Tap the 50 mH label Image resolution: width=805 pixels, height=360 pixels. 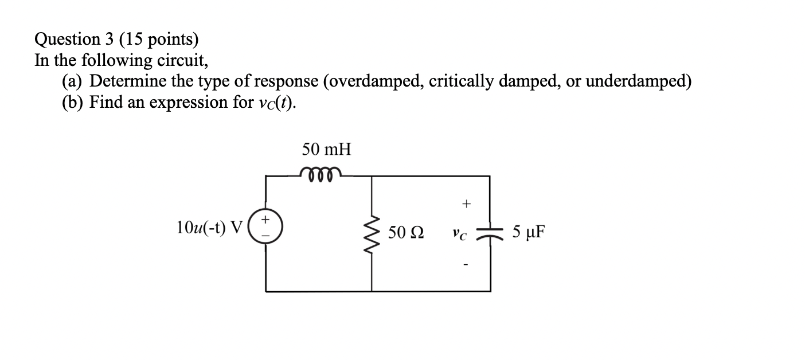click(326, 150)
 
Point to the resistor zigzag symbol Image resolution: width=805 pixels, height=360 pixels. click(372, 233)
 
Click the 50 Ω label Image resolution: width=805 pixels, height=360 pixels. click(406, 233)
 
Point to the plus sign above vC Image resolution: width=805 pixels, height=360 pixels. click(466, 204)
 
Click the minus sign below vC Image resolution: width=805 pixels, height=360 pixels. click(466, 264)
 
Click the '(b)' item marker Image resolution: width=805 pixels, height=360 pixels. click(73, 103)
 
